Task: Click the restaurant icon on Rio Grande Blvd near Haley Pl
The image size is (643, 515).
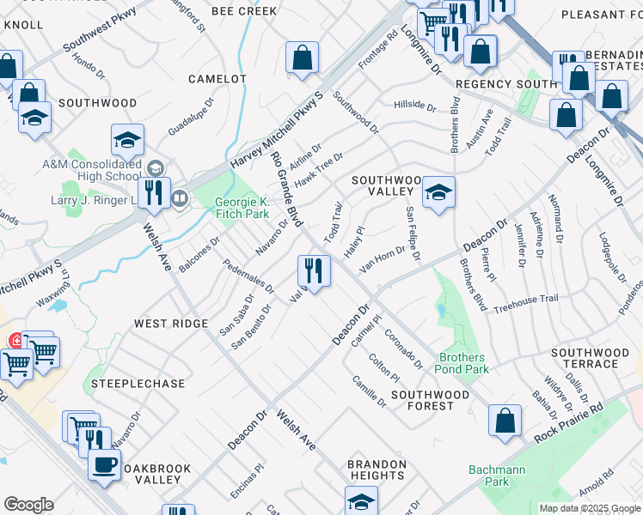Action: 314,271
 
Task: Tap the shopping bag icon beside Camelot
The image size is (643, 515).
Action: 302,58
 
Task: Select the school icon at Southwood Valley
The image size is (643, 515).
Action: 438,192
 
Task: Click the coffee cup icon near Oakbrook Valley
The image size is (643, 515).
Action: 105,464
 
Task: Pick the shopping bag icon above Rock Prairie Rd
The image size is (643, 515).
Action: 505,420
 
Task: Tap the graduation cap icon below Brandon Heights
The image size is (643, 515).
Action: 361,501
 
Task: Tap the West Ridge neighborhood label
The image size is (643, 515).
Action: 170,324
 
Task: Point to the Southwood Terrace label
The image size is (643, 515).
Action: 596,358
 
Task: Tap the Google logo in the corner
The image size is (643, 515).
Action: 28,504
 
